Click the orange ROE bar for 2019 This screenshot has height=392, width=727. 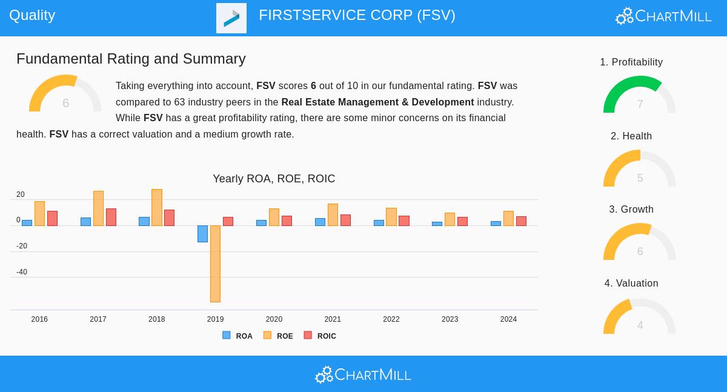pyautogui.click(x=215, y=264)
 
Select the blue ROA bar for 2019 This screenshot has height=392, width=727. pyautogui.click(x=202, y=234)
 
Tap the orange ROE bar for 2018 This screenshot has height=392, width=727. pyautogui.click(x=157, y=207)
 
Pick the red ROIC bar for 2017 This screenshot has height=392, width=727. pyautogui.click(x=111, y=217)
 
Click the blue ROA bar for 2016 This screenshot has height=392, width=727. pyautogui.click(x=27, y=223)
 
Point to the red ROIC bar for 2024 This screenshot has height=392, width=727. pyautogui.click(x=521, y=221)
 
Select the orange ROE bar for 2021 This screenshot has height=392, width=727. pyautogui.click(x=333, y=214)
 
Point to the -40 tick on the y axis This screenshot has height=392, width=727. pyautogui.click(x=22, y=272)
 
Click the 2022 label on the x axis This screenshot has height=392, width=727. pyautogui.click(x=391, y=319)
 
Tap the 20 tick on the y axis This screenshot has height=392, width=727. pyautogui.click(x=21, y=194)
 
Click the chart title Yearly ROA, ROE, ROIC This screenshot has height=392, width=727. pyautogui.click(x=274, y=179)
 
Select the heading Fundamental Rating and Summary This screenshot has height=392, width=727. pyautogui.click(x=131, y=59)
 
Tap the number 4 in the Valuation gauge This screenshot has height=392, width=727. pyautogui.click(x=640, y=325)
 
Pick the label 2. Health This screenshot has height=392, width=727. pyautogui.click(x=631, y=136)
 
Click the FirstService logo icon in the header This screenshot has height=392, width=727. pyautogui.click(x=231, y=18)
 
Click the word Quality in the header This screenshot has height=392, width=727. pyautogui.click(x=32, y=15)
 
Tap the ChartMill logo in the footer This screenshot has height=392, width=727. pyautogui.click(x=363, y=375)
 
